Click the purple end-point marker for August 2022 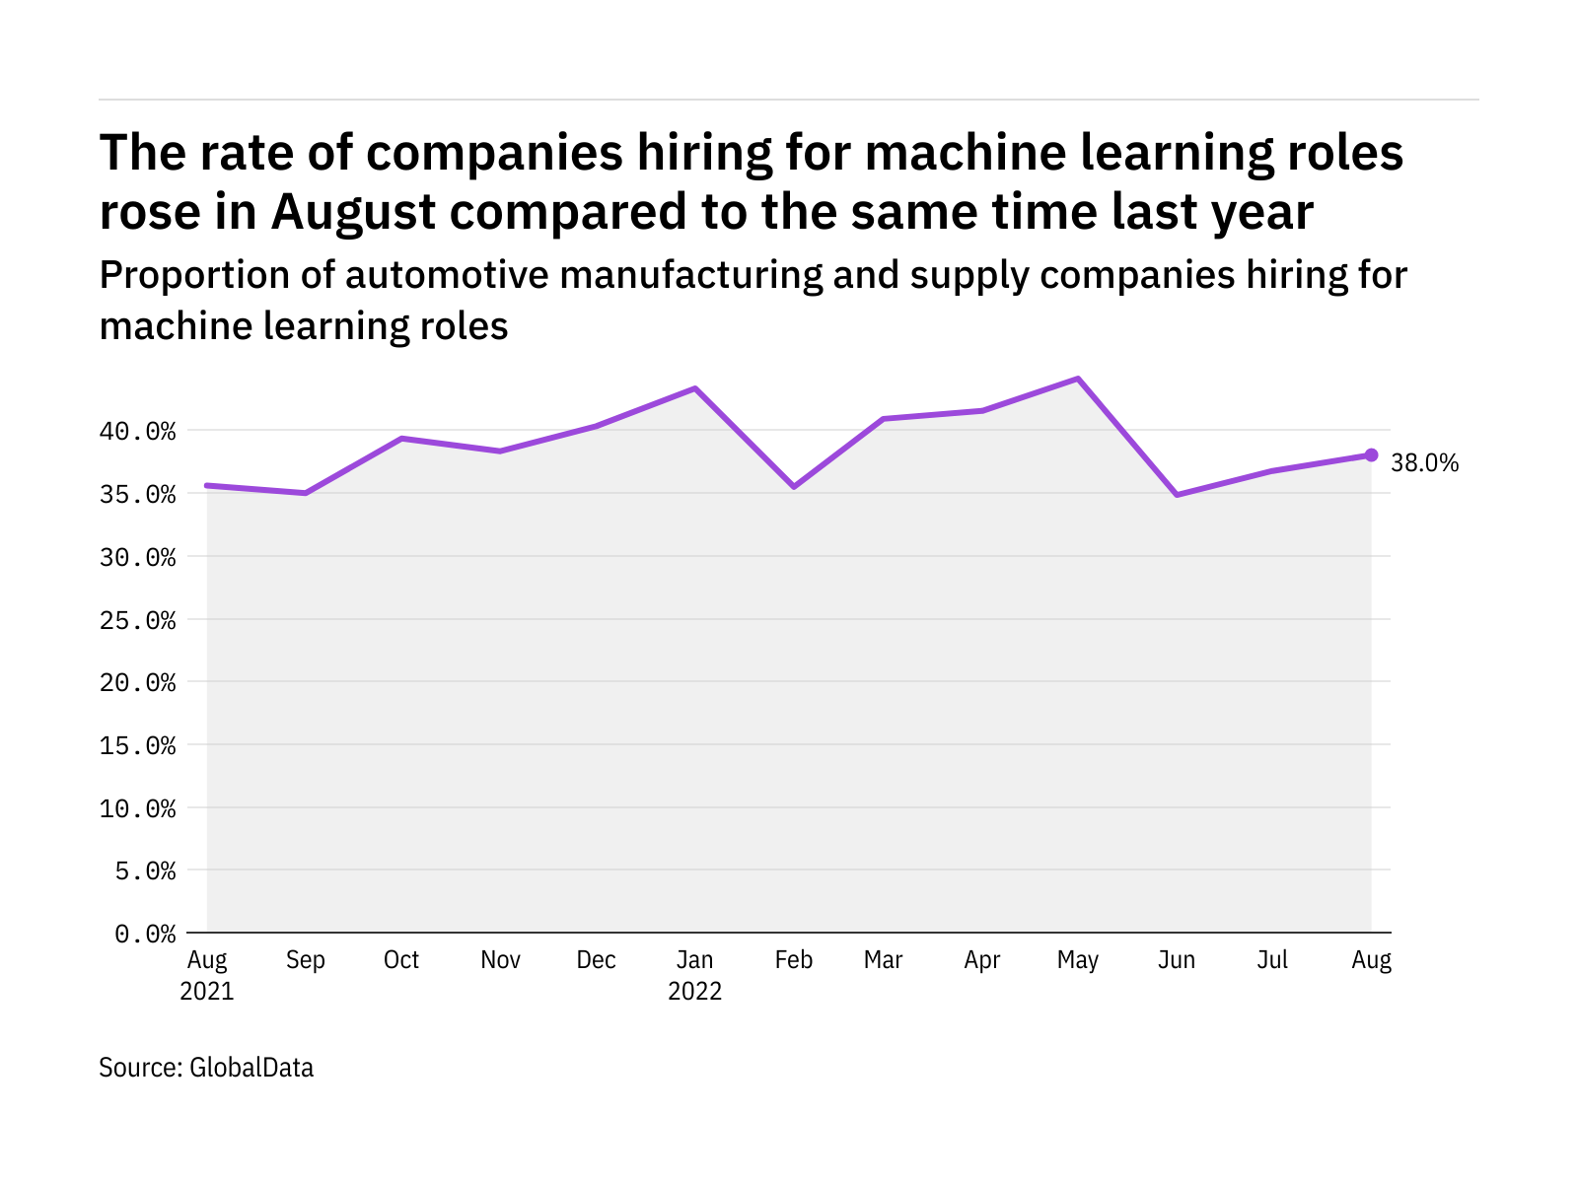(1371, 454)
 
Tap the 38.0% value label (1424, 463)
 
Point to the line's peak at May (1078, 379)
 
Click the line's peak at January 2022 (695, 388)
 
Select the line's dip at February (794, 487)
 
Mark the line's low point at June (1177, 494)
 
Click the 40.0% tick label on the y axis (137, 432)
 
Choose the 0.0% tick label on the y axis (145, 934)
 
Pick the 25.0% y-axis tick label (137, 620)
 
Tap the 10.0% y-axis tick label (137, 808)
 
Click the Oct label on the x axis (401, 960)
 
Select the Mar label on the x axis (883, 960)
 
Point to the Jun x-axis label (1177, 960)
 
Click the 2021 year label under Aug (207, 991)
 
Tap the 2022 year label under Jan (695, 991)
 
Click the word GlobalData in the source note (251, 1068)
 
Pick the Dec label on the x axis (597, 960)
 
